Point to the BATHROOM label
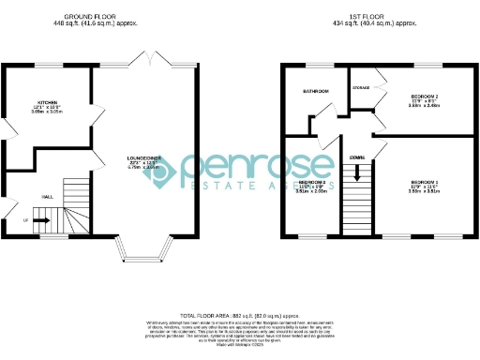click(x=315, y=91)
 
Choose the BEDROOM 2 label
click(x=425, y=97)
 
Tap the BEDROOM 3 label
click(x=311, y=182)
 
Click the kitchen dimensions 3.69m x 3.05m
click(x=48, y=112)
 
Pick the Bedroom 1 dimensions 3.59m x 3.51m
click(x=425, y=191)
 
